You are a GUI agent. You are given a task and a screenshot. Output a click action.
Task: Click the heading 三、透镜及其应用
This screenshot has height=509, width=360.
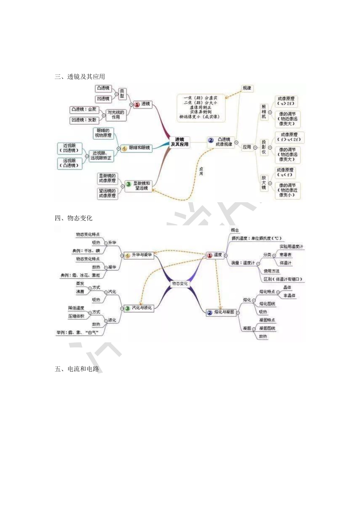pos(80,77)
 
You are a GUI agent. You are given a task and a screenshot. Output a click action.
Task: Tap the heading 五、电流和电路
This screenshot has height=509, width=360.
pos(77,369)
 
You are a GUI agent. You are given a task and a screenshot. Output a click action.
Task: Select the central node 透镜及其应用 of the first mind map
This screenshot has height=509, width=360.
pos(180,142)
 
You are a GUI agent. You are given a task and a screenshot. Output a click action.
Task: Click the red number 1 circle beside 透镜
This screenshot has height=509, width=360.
pos(137,104)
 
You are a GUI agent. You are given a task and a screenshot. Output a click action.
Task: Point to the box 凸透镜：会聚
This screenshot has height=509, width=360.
pos(84,109)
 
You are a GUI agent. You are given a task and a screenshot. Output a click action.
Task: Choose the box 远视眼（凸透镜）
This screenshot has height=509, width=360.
pos(70,163)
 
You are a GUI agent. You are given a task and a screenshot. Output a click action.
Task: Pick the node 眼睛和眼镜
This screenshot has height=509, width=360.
pos(139,148)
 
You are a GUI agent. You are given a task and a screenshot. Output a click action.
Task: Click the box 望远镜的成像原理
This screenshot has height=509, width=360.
pos(107,193)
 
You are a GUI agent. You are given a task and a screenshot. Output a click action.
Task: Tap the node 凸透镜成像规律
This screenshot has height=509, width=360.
pos(224,142)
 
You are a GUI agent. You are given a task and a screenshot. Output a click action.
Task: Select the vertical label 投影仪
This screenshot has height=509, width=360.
pos(264,147)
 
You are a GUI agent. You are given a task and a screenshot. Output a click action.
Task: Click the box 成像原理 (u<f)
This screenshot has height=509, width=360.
pos(285,172)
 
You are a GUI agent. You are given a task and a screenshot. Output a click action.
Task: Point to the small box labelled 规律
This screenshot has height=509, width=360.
pos(247,88)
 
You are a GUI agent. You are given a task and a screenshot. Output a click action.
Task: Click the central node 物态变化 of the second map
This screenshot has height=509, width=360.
pos(180,283)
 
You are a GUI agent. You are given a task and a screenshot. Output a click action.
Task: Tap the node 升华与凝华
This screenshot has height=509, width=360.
pos(141,255)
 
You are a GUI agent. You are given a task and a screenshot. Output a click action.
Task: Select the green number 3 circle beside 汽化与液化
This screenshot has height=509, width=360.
pos(127,308)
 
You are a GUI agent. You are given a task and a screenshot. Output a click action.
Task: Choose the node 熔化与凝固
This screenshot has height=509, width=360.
pos(224,312)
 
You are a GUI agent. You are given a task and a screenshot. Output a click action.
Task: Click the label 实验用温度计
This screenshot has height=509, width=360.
pos(291,247)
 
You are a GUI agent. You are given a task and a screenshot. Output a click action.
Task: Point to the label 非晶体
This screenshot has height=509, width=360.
pos(289,296)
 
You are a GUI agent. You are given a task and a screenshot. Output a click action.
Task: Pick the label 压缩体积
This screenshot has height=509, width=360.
pos(76,316)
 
